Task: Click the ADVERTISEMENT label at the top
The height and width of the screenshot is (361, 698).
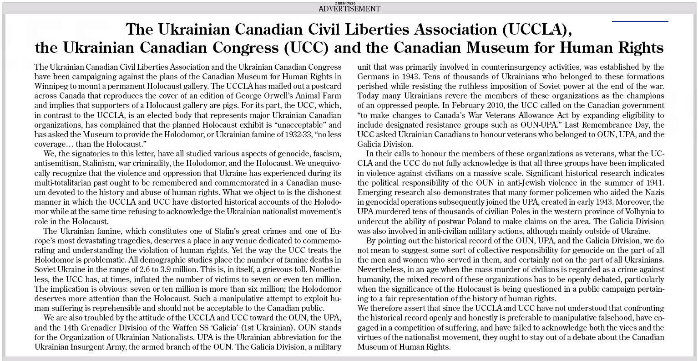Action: (x=349, y=9)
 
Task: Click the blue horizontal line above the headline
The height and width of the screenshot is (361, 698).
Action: (x=640, y=21)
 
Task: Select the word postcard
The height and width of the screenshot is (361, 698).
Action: (x=326, y=86)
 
